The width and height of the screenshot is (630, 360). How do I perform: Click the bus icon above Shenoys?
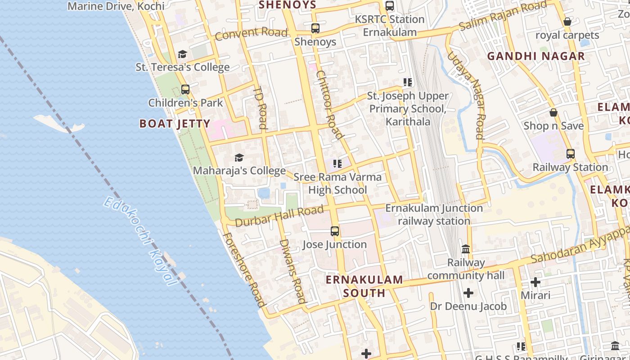[x=315, y=28]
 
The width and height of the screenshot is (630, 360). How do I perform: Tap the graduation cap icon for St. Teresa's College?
[x=182, y=54]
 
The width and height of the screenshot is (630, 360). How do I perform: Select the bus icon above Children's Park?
[x=185, y=89]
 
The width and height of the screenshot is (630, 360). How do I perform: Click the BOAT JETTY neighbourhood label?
[x=175, y=124]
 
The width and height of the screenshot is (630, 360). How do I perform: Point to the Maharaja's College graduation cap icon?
[x=239, y=157]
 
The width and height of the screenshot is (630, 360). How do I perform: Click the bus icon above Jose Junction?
[x=335, y=231]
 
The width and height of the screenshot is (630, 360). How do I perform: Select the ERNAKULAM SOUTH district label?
[x=364, y=286]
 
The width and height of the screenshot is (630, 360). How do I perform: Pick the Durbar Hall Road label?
[x=279, y=216]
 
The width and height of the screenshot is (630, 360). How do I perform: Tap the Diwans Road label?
[x=293, y=271]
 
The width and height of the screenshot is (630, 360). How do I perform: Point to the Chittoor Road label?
[x=329, y=104]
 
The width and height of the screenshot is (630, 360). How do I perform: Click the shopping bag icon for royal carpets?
[x=567, y=22]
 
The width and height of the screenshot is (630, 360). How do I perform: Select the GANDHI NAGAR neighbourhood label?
[x=536, y=56]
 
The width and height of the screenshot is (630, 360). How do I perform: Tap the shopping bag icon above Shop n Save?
[x=553, y=112]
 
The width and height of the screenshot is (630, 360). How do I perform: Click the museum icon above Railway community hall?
[x=466, y=249]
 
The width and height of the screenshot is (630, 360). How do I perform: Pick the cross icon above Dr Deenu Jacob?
[x=468, y=293]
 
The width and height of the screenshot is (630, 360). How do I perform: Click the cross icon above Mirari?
[x=535, y=282]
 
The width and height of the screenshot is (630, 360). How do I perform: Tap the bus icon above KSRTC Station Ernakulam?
[x=390, y=6]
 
